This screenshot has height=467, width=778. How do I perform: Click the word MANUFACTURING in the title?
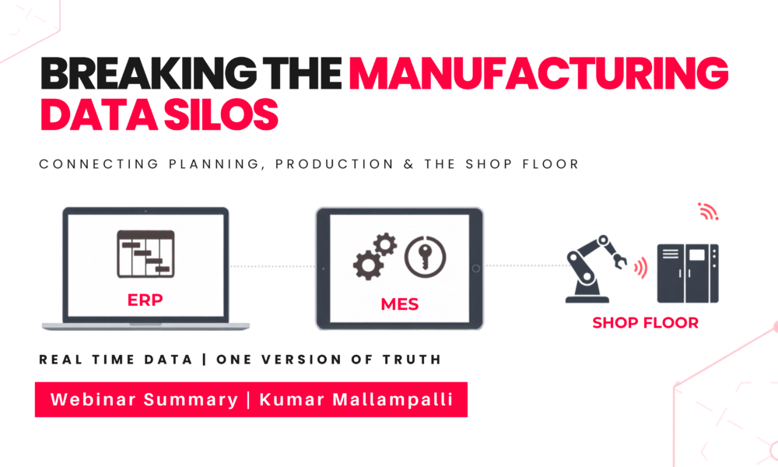point(539,73)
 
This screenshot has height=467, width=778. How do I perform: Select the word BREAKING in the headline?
point(149,73)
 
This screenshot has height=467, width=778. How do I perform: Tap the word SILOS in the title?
point(221,114)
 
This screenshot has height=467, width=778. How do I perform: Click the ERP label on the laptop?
point(145,300)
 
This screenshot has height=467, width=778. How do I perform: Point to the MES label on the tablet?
point(400,304)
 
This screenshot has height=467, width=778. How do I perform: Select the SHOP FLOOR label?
point(646,322)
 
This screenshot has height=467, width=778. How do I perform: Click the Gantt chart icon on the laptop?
point(145,254)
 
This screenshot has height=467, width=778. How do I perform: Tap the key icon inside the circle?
point(426,256)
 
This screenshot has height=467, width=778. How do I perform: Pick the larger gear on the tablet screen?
point(368,265)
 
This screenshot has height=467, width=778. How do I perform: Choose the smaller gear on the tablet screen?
point(385,244)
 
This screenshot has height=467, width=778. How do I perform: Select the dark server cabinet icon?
point(688,273)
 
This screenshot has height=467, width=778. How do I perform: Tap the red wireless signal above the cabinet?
point(709,212)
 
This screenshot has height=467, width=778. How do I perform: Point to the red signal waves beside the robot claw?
point(640,268)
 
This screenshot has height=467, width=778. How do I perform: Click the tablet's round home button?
point(475,269)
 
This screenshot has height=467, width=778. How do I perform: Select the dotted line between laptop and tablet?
point(272,266)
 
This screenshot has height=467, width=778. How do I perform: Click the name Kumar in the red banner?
point(292,399)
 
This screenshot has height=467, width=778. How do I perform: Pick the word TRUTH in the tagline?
point(412,360)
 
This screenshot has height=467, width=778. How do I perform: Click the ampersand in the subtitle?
point(409,164)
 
